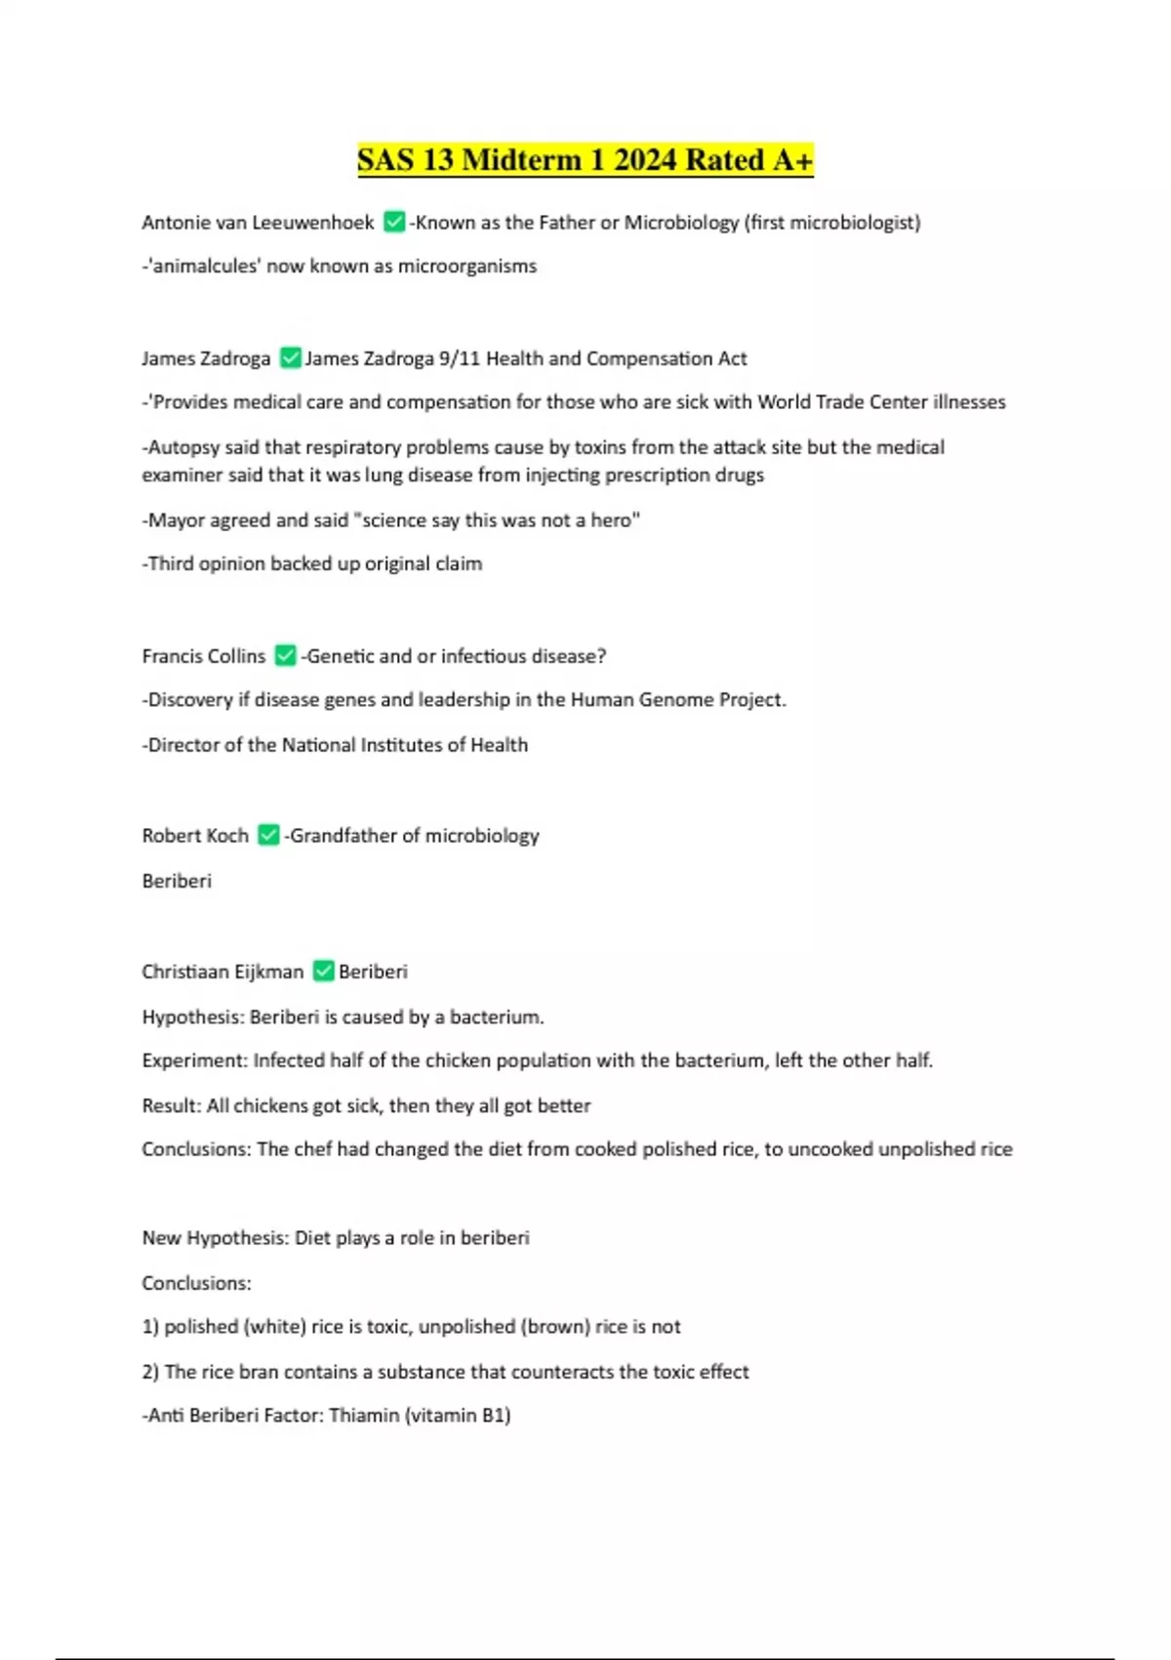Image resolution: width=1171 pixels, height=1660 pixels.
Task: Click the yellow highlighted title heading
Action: pyautogui.click(x=585, y=160)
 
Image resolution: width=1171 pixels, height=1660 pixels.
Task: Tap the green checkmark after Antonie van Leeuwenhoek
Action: pyautogui.click(x=394, y=223)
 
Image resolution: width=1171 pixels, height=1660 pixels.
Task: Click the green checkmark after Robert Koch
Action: pyautogui.click(x=268, y=836)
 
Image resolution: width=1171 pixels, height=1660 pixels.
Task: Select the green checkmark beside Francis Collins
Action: pyautogui.click(x=285, y=656)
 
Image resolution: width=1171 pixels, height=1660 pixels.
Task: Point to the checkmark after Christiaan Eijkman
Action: pyautogui.click(x=323, y=972)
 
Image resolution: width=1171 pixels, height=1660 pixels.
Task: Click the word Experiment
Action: pyautogui.click(x=194, y=1060)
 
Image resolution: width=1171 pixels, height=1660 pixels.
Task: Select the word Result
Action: pyautogui.click(x=170, y=1106)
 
